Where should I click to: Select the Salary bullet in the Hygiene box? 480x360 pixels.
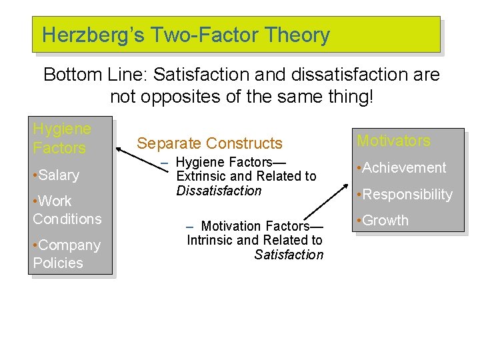coord(56,175)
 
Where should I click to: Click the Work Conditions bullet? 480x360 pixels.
coord(67,210)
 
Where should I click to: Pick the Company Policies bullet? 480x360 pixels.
coord(66,254)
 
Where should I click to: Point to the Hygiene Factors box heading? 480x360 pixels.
coord(61,138)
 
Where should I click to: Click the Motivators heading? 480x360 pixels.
coord(393,141)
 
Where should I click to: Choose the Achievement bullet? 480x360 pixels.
coord(401,168)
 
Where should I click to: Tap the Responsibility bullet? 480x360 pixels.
coord(405,195)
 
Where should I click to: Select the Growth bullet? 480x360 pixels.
coord(383,221)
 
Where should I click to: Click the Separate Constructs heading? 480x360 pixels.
coord(209,143)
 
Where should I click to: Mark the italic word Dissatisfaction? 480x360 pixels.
coord(219,191)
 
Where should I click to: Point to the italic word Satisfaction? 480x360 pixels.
coord(289,255)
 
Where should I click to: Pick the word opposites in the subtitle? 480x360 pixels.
coord(183,97)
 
